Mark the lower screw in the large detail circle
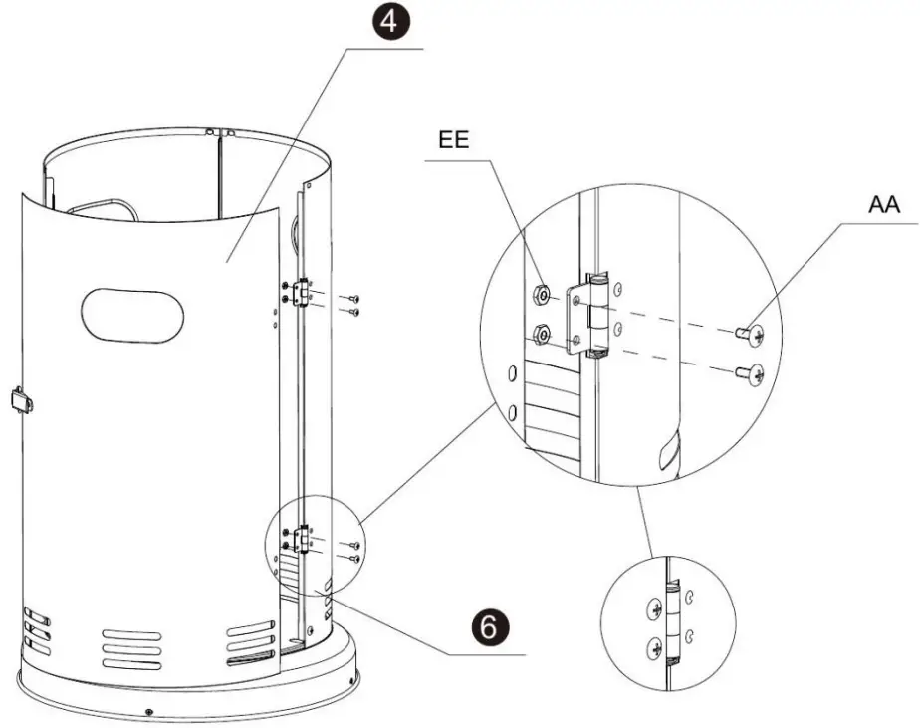(x=749, y=374)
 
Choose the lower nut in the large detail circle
(x=543, y=334)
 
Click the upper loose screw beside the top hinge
(x=354, y=299)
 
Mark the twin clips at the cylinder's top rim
(x=218, y=130)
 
